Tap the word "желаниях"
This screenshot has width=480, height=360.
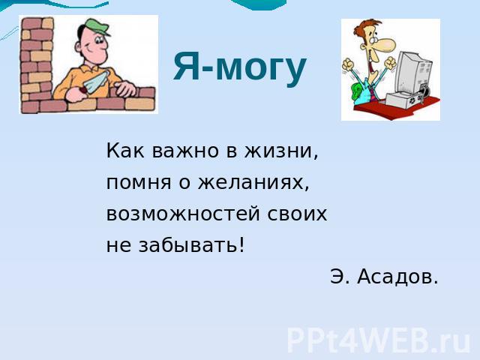coord(253,183)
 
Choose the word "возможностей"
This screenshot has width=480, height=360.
coord(183,214)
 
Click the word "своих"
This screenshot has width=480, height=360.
coord(297,214)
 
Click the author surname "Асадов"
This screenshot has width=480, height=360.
coord(397,277)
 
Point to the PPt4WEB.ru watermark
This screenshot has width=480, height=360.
coord(378,340)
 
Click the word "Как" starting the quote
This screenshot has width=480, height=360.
coord(125,151)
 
